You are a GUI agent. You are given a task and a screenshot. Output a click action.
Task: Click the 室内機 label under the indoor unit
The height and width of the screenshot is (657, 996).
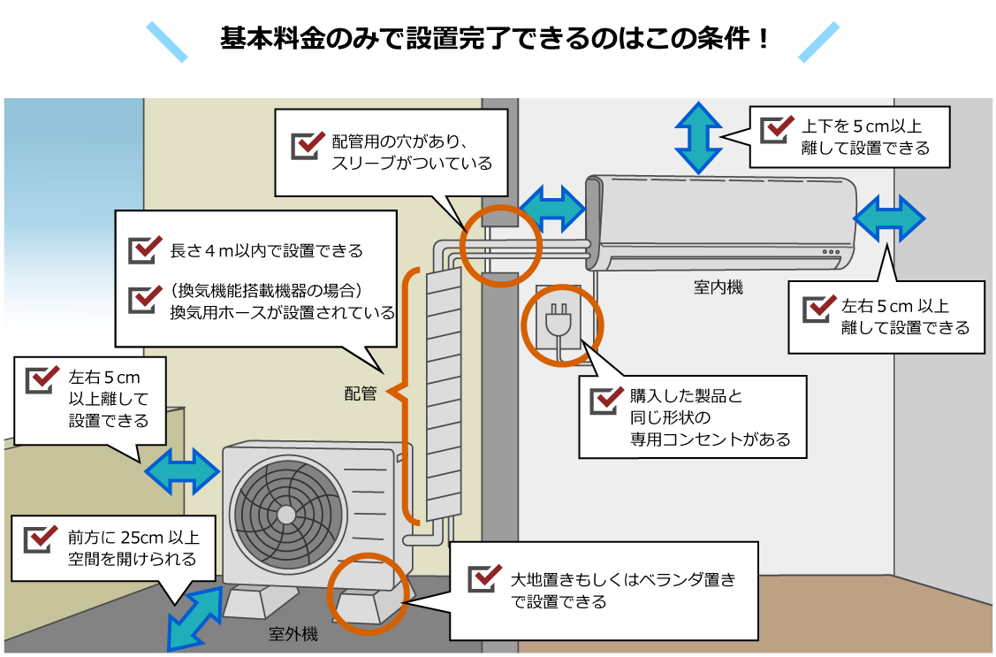pos(718,287)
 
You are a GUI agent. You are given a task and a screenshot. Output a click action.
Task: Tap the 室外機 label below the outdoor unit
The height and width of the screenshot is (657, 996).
pos(293,635)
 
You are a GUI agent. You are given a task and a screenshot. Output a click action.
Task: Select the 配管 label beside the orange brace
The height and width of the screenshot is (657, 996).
pos(361,394)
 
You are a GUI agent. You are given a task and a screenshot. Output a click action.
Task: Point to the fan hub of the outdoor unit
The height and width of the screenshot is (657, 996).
pos(285,515)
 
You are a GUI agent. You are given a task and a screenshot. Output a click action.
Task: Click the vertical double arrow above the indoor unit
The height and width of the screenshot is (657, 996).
pos(698,137)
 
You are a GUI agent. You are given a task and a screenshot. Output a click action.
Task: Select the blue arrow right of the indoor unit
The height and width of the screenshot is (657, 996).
pos(888,217)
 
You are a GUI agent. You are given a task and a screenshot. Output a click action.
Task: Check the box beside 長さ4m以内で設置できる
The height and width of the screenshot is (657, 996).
pos(144,249)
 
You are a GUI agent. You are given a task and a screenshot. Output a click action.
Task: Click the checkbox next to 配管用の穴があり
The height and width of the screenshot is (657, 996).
pos(307,143)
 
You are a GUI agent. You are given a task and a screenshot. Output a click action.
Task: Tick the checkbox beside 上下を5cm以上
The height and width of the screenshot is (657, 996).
pos(777,128)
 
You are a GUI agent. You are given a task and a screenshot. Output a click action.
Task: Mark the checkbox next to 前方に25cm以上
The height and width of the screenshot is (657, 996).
pos(41,538)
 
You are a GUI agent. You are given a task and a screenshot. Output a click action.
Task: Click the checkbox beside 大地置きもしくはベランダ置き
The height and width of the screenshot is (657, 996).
pos(483,578)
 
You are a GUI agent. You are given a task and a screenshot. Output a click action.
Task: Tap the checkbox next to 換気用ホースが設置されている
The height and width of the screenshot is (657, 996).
pos(144,298)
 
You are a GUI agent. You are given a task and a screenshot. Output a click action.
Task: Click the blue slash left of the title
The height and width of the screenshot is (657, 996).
pos(167,42)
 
